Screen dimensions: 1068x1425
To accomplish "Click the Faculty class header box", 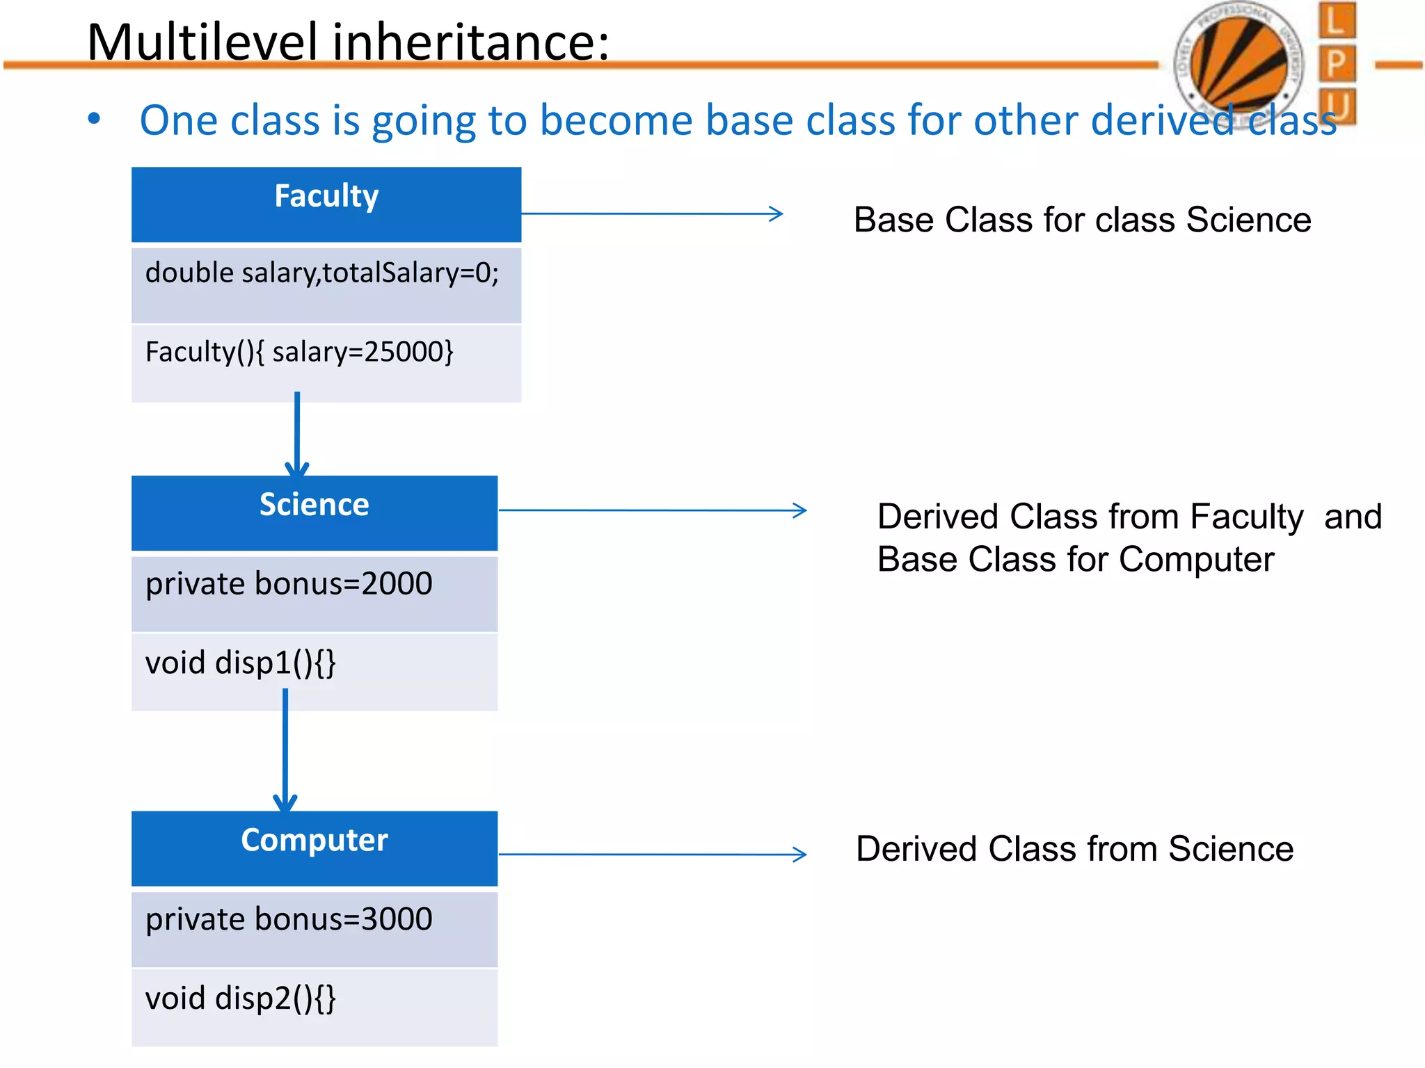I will point(326,204).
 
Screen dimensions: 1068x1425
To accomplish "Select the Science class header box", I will point(314,512).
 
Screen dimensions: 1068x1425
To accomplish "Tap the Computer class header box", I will point(314,848).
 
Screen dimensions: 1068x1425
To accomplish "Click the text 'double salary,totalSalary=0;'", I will point(321,273).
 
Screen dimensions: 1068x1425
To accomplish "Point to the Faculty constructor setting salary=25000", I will point(299,352).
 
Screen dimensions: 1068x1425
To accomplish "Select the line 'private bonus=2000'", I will point(289,583).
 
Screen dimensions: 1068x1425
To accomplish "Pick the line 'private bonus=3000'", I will point(289,919).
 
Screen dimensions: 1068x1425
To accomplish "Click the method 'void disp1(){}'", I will point(241,663).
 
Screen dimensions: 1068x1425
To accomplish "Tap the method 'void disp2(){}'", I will point(241,998).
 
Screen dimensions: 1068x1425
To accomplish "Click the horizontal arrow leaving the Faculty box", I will point(652,213).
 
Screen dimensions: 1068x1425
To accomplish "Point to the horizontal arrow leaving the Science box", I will point(652,510).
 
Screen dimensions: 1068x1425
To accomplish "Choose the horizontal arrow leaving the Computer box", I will point(652,854).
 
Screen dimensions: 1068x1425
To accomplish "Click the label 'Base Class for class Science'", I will point(1082,220).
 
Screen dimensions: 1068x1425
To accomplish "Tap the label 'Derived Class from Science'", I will point(1074,849).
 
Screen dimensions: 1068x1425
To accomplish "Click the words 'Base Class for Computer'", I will point(1076,560).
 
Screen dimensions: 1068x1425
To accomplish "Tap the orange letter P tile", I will point(1336,64).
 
